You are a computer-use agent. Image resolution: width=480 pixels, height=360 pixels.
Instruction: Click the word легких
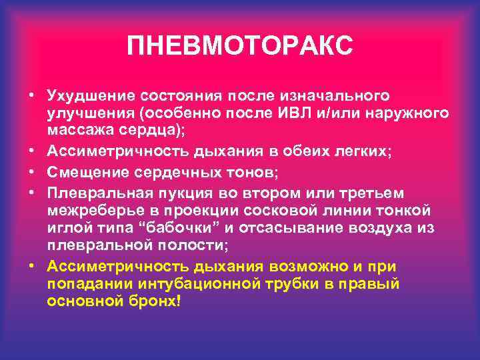click(365, 151)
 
